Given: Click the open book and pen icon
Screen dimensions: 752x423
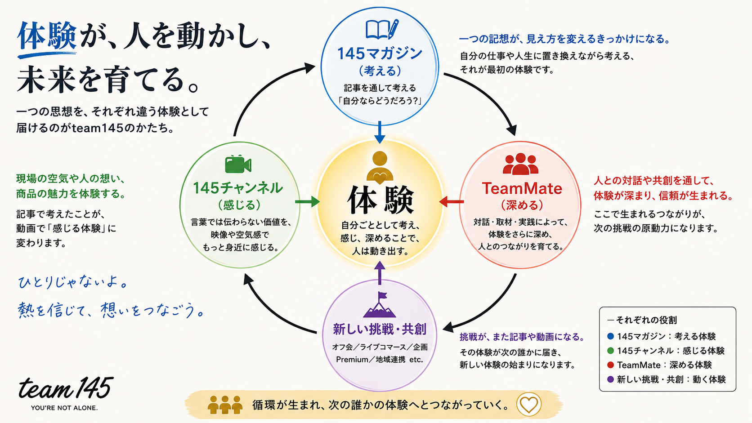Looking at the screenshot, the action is click(382, 30).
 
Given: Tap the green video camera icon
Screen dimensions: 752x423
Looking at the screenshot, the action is click(238, 165).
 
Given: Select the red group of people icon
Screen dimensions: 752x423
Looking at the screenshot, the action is click(520, 164).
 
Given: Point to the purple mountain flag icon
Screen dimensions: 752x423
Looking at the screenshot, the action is click(380, 305).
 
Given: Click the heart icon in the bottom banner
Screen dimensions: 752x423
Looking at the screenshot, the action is click(529, 405).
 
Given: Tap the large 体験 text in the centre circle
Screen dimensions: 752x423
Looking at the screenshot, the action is click(380, 200).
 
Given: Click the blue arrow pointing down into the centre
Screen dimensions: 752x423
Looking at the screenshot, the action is click(380, 132).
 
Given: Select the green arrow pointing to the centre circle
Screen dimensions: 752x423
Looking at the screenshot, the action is click(308, 201).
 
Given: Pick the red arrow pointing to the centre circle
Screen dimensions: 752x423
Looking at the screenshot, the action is click(452, 201).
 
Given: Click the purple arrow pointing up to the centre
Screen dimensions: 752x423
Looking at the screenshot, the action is click(380, 273).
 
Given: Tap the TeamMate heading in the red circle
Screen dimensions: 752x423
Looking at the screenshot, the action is click(522, 188).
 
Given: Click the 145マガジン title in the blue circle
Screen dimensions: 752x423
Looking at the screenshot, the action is click(380, 53).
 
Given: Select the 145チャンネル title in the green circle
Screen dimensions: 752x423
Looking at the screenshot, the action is click(238, 188).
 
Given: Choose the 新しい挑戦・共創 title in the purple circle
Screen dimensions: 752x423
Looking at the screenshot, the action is click(380, 329).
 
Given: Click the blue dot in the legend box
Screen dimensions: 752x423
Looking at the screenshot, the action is click(611, 336).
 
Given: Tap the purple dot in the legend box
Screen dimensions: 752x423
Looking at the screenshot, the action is click(611, 379).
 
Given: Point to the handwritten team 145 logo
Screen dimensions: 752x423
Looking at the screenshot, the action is click(66, 388).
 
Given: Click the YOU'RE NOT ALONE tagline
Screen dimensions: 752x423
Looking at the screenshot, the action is click(64, 408).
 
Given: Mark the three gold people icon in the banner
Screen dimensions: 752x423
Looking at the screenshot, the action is click(225, 405).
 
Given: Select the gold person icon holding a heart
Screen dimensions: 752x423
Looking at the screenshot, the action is click(380, 168).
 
